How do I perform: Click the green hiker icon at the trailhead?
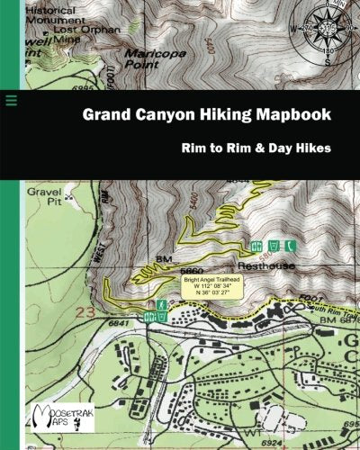[160, 307]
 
